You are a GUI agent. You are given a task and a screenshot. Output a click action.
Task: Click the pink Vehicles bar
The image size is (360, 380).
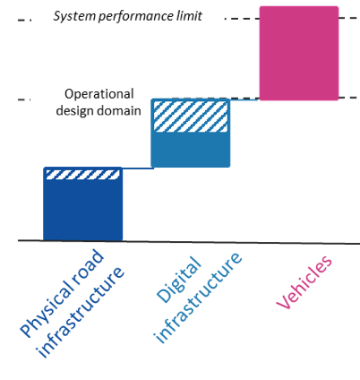click(x=299, y=53)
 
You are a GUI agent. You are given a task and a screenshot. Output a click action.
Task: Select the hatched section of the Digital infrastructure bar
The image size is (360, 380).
click(x=191, y=117)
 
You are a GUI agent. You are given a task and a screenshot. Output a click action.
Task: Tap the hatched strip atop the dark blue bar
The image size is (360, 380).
click(x=82, y=175)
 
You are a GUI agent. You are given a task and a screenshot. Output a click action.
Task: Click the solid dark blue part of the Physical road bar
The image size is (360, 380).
click(x=82, y=210)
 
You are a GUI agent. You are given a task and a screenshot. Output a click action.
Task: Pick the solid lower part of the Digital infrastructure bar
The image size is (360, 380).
click(x=191, y=149)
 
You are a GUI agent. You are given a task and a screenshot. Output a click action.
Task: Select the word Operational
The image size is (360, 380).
click(x=99, y=94)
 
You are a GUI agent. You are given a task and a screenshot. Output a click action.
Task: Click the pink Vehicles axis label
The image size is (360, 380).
click(x=304, y=282)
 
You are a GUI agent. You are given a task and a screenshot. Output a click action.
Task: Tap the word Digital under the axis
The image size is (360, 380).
click(x=178, y=280)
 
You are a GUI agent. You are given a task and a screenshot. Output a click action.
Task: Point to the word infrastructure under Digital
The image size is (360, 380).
click(x=198, y=298)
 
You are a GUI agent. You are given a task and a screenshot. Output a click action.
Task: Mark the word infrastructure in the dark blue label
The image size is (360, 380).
click(x=80, y=312)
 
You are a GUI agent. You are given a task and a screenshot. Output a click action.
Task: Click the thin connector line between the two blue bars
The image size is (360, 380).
click(x=138, y=168)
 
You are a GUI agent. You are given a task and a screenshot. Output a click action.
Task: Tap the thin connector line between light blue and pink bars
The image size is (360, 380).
click(x=244, y=99)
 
